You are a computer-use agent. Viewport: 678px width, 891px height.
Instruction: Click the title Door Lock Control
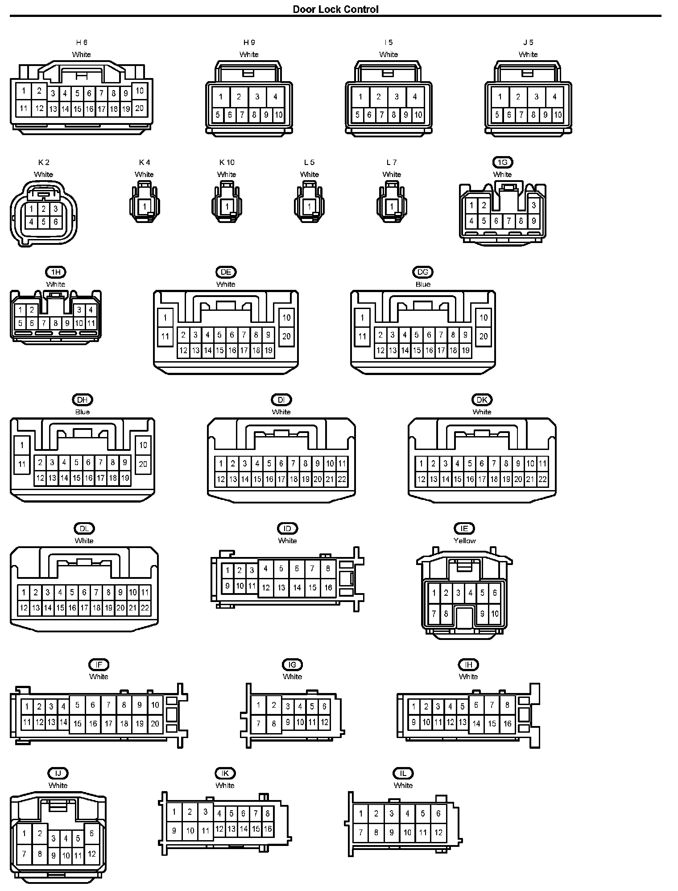(x=335, y=9)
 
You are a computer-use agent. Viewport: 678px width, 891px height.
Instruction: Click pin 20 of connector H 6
(x=140, y=107)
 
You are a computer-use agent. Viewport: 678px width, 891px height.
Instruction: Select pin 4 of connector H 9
(x=275, y=97)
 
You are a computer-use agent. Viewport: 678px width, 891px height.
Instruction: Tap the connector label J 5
(x=528, y=42)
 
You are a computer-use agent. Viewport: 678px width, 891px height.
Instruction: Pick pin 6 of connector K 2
(x=55, y=222)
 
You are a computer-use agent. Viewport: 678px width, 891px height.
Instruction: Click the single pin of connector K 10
(x=227, y=206)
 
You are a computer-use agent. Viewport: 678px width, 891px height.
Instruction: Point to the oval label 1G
(x=503, y=162)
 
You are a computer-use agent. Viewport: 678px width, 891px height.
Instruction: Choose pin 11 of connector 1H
(x=91, y=323)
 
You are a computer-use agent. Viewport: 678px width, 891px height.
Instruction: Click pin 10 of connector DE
(x=286, y=318)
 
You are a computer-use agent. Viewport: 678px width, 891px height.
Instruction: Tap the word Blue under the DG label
(x=423, y=284)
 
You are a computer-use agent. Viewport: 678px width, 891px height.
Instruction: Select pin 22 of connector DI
(x=342, y=479)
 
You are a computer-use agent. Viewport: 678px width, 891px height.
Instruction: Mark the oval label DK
(x=482, y=400)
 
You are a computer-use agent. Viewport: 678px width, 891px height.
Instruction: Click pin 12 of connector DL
(x=24, y=607)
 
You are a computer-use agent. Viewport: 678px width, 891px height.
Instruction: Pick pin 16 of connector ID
(x=328, y=588)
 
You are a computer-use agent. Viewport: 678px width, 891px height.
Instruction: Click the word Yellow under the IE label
(x=464, y=540)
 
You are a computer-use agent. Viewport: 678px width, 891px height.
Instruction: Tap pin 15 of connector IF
(x=78, y=723)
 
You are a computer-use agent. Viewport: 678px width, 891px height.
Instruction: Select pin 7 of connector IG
(x=258, y=723)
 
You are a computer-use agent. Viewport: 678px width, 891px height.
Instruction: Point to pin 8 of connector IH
(x=507, y=705)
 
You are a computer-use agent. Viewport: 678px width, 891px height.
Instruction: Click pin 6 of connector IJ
(x=91, y=833)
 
